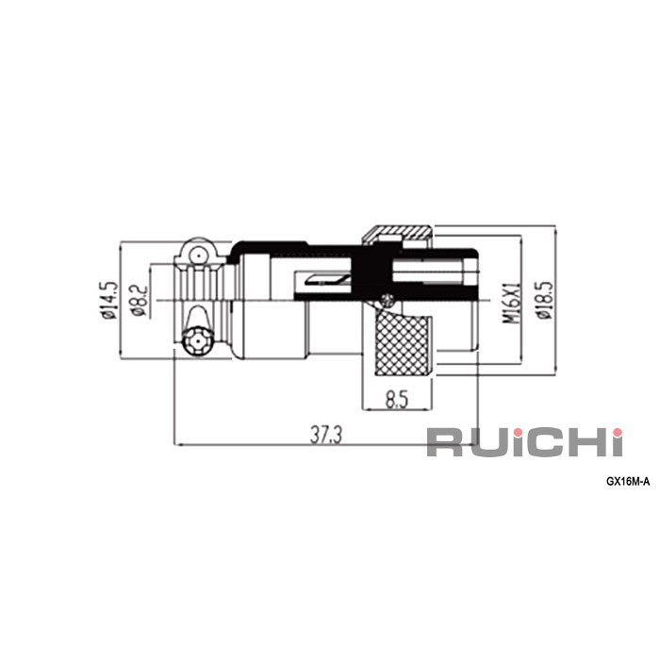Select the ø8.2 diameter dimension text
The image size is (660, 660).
click(140, 300)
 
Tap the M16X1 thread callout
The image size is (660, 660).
click(512, 303)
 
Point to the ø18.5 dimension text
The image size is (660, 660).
click(544, 300)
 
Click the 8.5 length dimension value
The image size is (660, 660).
click(397, 400)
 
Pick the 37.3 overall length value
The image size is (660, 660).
click(326, 435)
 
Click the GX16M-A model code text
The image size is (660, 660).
click(628, 482)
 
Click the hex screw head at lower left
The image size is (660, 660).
click(197, 340)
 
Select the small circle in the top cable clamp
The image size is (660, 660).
click(197, 256)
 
